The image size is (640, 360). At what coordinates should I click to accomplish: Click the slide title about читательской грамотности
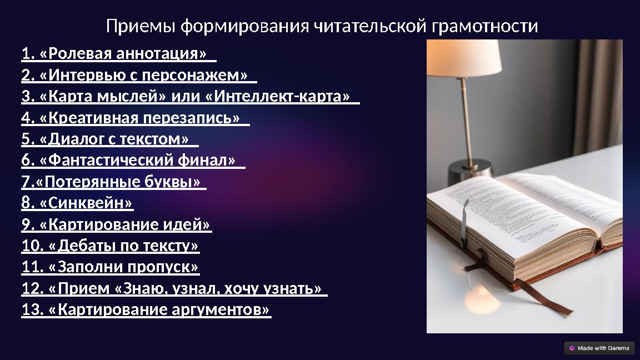[322, 26]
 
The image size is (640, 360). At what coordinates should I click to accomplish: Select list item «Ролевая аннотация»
[118, 54]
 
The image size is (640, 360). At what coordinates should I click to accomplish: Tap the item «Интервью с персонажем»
[139, 76]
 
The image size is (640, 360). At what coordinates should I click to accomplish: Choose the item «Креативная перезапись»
[135, 118]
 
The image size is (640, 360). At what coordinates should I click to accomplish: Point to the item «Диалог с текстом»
[109, 139]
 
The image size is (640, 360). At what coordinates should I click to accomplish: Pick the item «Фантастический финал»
[133, 161]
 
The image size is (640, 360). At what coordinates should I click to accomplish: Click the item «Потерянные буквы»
[113, 182]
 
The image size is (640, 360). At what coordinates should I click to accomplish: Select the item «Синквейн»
[77, 203]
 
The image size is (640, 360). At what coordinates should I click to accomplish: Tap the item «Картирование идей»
[117, 225]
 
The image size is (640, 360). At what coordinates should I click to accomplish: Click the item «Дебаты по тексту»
[110, 246]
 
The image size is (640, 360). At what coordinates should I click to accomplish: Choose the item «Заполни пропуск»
[110, 267]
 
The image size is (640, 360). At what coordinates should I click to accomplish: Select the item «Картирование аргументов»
[146, 309]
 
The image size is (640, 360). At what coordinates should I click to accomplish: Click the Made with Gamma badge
[599, 348]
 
